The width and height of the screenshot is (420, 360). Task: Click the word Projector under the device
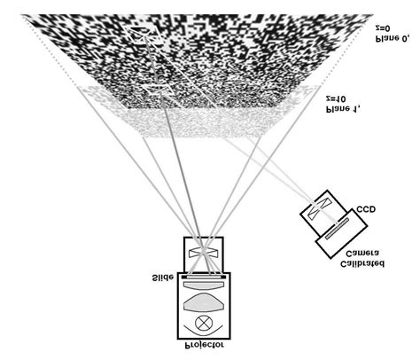[x=204, y=345]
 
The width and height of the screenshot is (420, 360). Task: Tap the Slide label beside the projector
[x=163, y=278]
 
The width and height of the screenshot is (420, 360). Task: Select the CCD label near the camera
[x=366, y=209]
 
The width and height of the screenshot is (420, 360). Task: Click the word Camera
[x=362, y=254]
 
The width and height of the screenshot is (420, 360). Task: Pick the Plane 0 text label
[x=392, y=39]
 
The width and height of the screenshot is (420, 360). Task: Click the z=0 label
[x=383, y=28]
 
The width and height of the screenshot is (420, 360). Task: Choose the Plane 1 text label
[x=343, y=109]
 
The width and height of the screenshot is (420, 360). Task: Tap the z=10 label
[x=336, y=98]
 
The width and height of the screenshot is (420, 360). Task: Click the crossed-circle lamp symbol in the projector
[x=204, y=323]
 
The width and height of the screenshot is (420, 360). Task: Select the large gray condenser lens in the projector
[x=204, y=302]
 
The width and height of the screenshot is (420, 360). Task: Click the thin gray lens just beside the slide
[x=204, y=285]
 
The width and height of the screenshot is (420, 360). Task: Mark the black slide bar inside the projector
[x=204, y=277]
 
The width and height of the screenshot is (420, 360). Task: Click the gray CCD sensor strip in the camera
[x=337, y=228]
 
